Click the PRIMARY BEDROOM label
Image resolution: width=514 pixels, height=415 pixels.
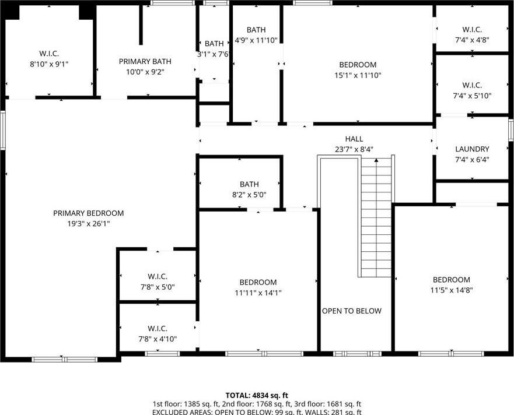pyautogui.click(x=89, y=213)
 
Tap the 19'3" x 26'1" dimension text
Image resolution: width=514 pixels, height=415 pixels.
pyautogui.click(x=89, y=224)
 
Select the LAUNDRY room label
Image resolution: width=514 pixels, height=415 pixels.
pyautogui.click(x=472, y=149)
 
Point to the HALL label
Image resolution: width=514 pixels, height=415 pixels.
pyautogui.click(x=354, y=139)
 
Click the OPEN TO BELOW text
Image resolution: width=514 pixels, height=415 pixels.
pyautogui.click(x=352, y=311)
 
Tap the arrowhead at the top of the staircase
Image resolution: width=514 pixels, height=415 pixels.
pyautogui.click(x=376, y=160)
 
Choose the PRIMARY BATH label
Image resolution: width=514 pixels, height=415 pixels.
pyautogui.click(x=145, y=61)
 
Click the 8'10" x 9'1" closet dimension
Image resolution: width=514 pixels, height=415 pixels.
pyautogui.click(x=49, y=64)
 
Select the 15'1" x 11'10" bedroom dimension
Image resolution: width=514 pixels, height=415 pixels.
pyautogui.click(x=358, y=75)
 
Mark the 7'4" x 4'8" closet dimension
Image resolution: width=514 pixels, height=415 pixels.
pyautogui.click(x=472, y=40)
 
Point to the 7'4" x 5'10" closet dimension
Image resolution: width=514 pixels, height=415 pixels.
pyautogui.click(x=472, y=96)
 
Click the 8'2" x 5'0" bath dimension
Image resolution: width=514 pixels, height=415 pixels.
pyautogui.click(x=249, y=195)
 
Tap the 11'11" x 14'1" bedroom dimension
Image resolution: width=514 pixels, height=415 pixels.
pyautogui.click(x=258, y=293)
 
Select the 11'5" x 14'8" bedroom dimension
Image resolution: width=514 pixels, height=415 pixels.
pyautogui.click(x=452, y=290)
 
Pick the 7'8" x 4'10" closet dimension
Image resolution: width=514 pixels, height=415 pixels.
pyautogui.click(x=158, y=339)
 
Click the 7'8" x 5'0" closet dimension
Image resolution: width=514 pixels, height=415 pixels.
pyautogui.click(x=158, y=287)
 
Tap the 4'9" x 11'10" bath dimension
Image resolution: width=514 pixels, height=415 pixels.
pyautogui.click(x=256, y=40)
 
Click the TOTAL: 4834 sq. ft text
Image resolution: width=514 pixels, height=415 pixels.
pyautogui.click(x=257, y=395)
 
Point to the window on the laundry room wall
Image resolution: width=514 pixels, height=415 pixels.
pyautogui.click(x=511, y=130)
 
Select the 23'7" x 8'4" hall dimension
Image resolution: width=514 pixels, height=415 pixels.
pyautogui.click(x=354, y=149)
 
